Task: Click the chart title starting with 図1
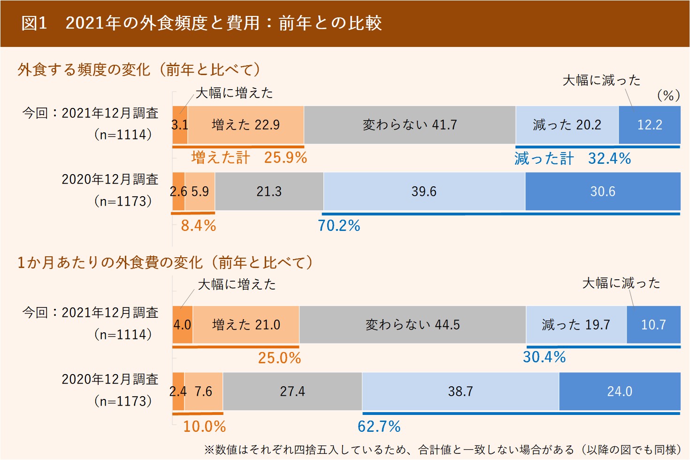click(201, 23)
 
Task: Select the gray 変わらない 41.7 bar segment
click(409, 125)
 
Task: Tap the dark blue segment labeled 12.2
click(649, 125)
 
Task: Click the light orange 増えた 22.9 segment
click(245, 125)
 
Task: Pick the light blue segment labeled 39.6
click(424, 192)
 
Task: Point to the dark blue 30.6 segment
click(602, 192)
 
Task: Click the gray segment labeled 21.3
click(269, 192)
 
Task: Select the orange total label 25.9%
click(285, 158)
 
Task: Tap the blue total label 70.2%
click(339, 226)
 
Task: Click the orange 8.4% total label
click(199, 226)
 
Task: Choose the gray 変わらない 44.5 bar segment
click(412, 325)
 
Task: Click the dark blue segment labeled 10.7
click(653, 325)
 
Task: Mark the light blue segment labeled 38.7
click(460, 391)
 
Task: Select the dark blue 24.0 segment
click(620, 391)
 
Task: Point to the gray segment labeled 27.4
click(292, 391)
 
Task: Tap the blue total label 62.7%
click(379, 427)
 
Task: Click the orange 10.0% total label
click(204, 427)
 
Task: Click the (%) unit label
click(668, 96)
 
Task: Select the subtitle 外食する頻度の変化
click(139, 70)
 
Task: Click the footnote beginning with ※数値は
click(443, 450)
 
